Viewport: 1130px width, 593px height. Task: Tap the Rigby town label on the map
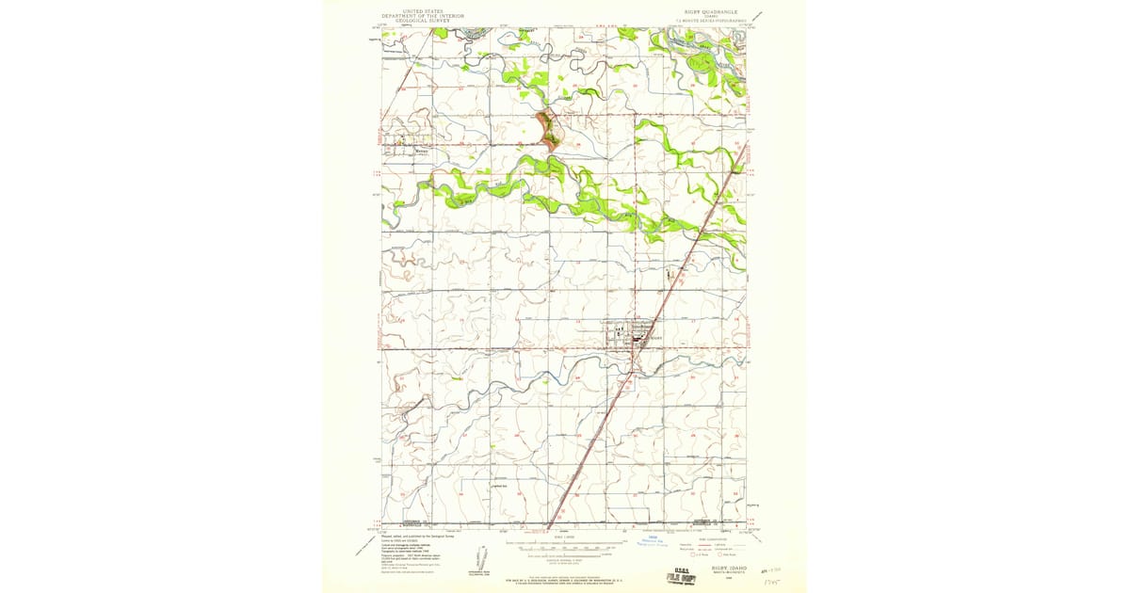656,336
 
